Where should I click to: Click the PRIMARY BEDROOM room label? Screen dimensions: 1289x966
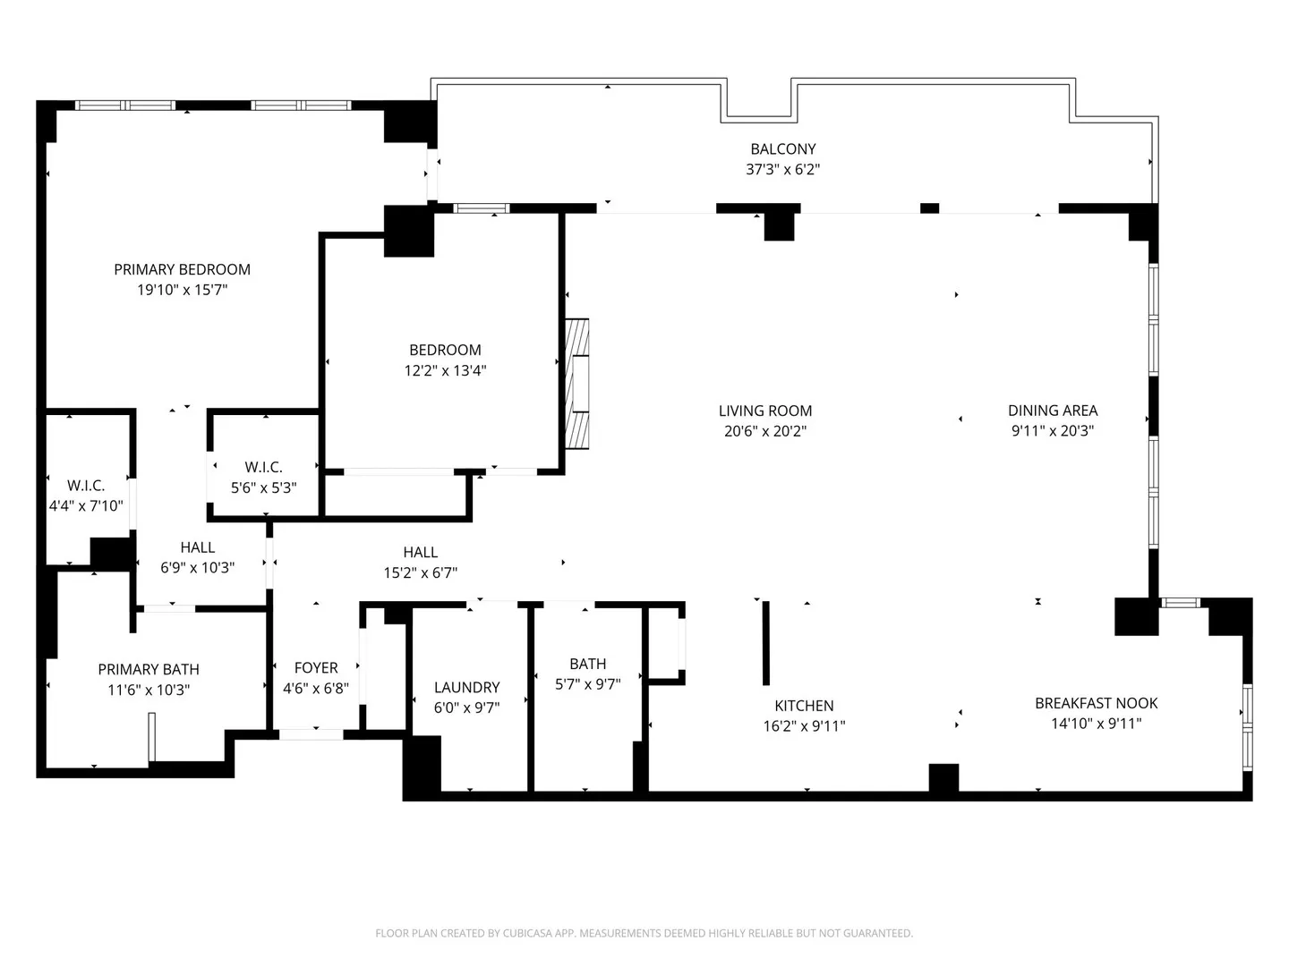pos(182,269)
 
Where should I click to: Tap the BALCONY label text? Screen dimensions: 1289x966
pos(782,149)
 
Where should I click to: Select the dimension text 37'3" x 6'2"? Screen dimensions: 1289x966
pos(782,170)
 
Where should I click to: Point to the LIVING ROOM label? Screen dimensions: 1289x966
pos(765,411)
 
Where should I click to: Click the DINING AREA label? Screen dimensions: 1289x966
pos(1053,411)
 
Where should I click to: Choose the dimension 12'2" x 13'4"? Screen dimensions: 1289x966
pos(445,370)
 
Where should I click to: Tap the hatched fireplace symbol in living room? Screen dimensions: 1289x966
pos(576,385)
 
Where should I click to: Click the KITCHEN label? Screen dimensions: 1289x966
pos(804,706)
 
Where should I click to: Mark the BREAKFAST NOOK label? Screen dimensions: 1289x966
pos(1096,703)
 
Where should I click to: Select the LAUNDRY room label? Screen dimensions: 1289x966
pos(467,688)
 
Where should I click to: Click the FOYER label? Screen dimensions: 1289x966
pos(316,668)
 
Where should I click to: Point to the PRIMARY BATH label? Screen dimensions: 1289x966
pos(149,669)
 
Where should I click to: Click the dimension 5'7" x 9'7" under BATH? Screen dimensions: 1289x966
pos(588,684)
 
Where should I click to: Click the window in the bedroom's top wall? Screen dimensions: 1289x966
pos(481,208)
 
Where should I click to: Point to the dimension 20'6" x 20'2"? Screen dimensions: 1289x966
pos(765,431)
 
